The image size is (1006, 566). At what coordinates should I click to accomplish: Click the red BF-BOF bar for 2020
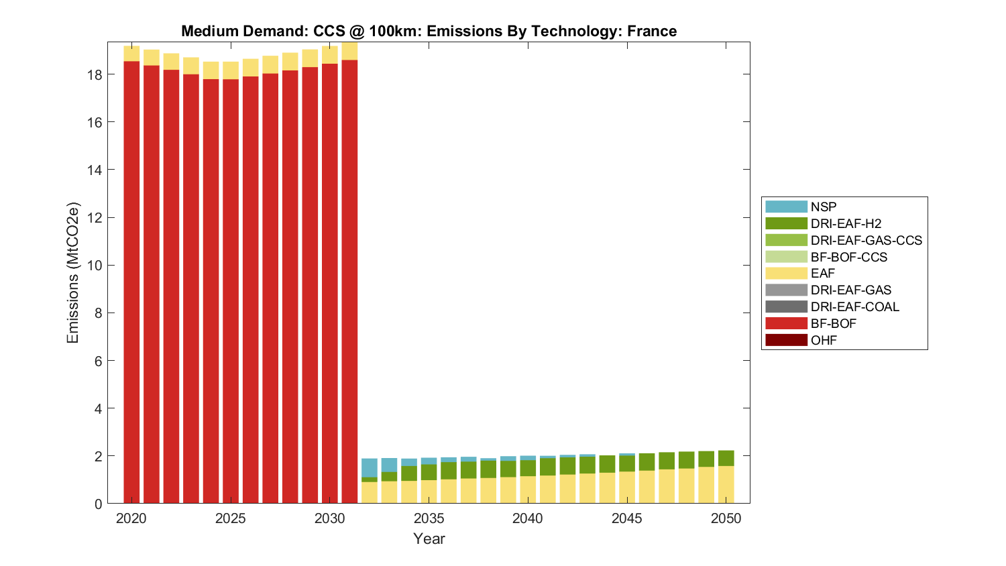(131, 282)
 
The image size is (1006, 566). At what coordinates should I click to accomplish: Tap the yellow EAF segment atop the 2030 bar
(330, 54)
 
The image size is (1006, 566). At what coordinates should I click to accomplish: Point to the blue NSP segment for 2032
(370, 467)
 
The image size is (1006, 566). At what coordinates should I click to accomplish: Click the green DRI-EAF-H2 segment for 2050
(726, 458)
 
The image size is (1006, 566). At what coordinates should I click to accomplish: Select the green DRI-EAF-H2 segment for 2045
(627, 463)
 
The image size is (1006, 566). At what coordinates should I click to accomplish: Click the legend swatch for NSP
(786, 207)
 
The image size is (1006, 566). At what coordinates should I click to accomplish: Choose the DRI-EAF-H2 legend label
(846, 223)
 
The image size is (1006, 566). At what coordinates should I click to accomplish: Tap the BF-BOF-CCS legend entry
(848, 257)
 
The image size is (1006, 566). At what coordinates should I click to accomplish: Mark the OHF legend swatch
(786, 340)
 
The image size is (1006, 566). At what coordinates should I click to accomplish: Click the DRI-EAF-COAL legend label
(854, 306)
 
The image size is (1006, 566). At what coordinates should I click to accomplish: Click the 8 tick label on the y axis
(98, 313)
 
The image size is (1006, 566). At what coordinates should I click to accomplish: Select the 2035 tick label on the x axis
(429, 518)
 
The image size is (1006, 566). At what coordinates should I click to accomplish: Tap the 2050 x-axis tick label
(726, 518)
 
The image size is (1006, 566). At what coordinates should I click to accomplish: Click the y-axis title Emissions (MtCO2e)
(72, 272)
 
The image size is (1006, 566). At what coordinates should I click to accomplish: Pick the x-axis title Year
(429, 539)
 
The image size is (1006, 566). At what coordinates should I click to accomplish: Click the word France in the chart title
(652, 31)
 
